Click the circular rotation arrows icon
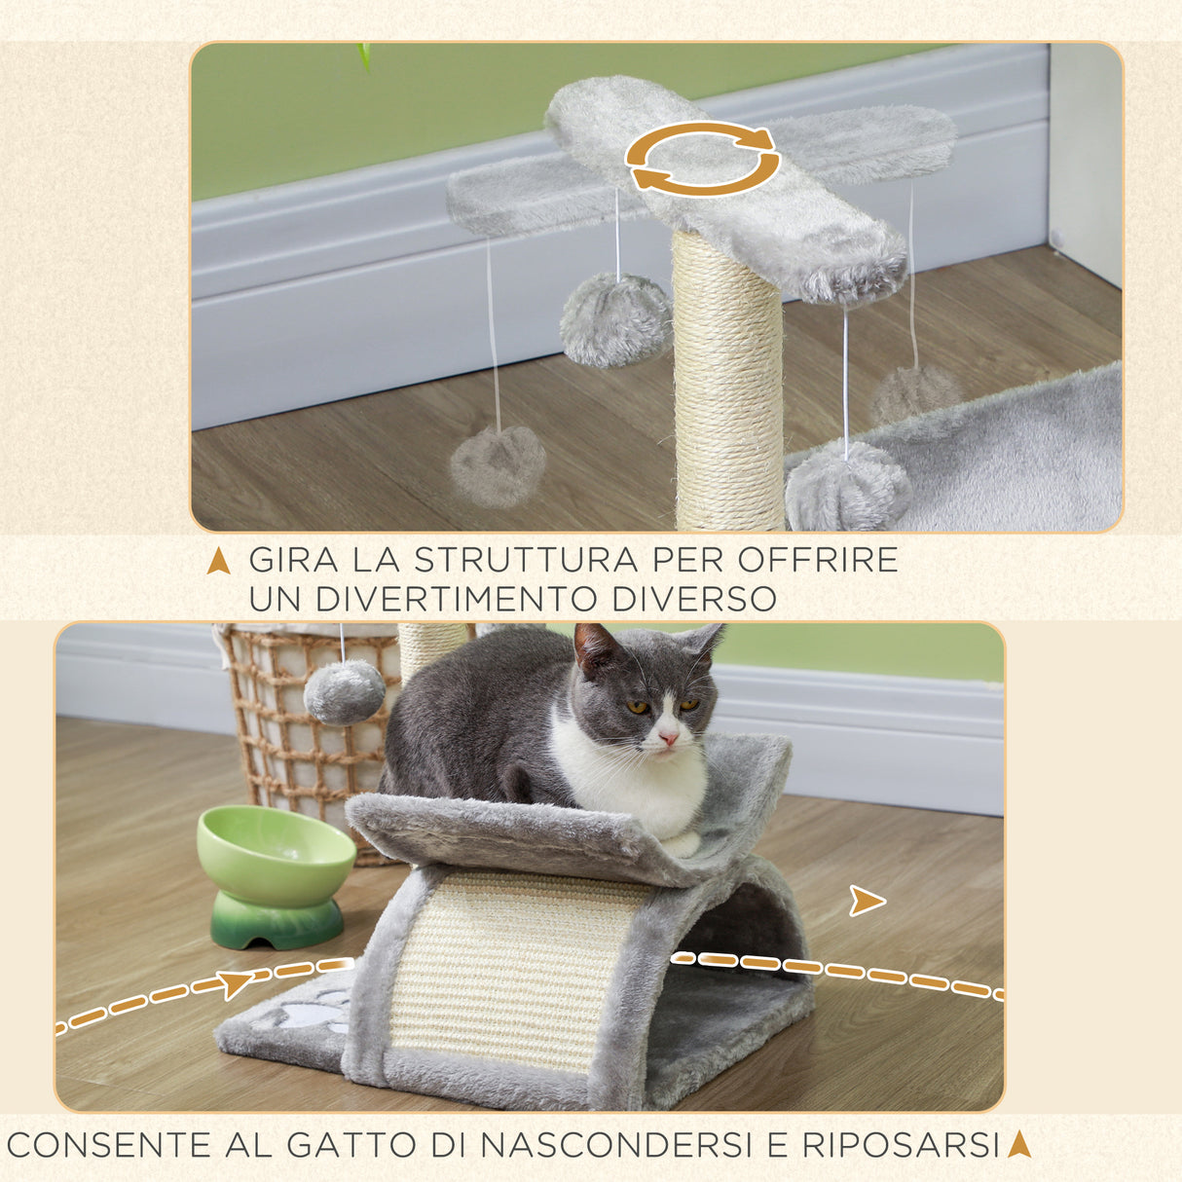coord(702,158)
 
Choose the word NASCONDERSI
coord(615,1145)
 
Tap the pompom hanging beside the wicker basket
coord(344,691)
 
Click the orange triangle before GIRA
coord(219,562)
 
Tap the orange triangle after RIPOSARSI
coord(1018,1144)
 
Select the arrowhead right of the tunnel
coord(865,901)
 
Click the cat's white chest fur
coord(633,779)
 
